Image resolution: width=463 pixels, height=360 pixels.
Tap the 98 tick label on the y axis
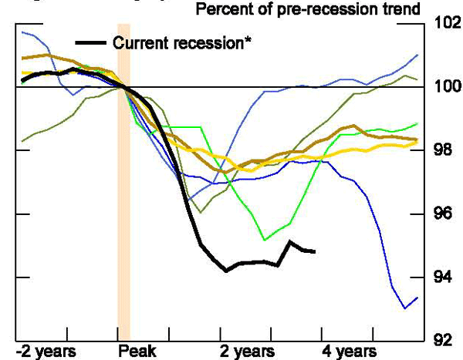click(x=444, y=150)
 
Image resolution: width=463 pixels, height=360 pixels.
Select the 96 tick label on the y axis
click(x=444, y=214)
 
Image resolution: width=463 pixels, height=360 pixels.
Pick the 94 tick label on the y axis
click(x=444, y=277)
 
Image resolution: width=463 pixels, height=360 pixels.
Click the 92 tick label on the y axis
click(x=444, y=340)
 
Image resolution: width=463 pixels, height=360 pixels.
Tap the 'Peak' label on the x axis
click(x=137, y=352)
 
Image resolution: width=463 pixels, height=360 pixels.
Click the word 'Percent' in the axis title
click(x=225, y=10)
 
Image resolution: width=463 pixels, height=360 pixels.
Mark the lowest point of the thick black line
click(x=226, y=271)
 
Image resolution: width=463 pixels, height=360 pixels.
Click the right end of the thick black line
click(x=313, y=251)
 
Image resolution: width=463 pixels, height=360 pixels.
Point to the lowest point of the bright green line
click(x=265, y=240)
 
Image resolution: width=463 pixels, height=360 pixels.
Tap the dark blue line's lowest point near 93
click(x=405, y=308)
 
